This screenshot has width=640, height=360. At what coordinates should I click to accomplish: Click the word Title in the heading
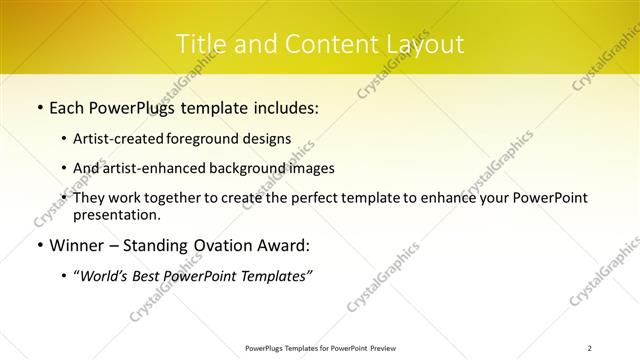[x=198, y=44]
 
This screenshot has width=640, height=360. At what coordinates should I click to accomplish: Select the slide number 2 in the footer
[x=590, y=348]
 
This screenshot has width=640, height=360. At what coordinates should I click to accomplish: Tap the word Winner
[x=75, y=246]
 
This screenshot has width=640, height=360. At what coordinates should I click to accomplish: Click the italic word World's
[x=100, y=276]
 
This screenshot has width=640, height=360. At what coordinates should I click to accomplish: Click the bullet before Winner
[x=38, y=246]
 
